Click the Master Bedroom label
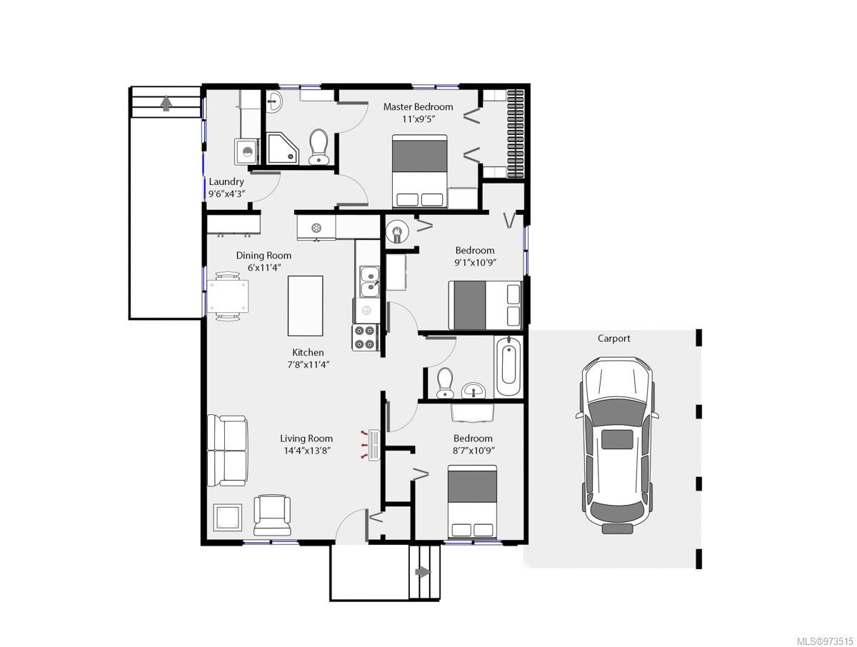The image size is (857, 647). [x=419, y=106]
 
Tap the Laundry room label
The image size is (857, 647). [x=226, y=182]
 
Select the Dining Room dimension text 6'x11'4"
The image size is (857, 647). [x=264, y=268]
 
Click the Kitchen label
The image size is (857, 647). [x=308, y=352]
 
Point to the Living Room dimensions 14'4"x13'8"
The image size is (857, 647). [x=307, y=451]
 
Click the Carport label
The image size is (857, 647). [x=613, y=338]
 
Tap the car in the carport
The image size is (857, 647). [x=617, y=445]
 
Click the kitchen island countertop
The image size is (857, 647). [x=306, y=306]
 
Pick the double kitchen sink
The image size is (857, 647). [x=369, y=281]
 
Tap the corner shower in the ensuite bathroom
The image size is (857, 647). [x=282, y=149]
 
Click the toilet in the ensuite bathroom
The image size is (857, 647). [x=319, y=147]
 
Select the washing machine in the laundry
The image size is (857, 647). [x=247, y=152]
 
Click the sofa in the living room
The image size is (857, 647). [x=227, y=451]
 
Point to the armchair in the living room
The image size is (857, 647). [x=272, y=515]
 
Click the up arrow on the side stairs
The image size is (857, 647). [x=166, y=104]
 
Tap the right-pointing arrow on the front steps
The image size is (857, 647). [x=424, y=572]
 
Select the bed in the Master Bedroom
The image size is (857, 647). [x=420, y=171]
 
